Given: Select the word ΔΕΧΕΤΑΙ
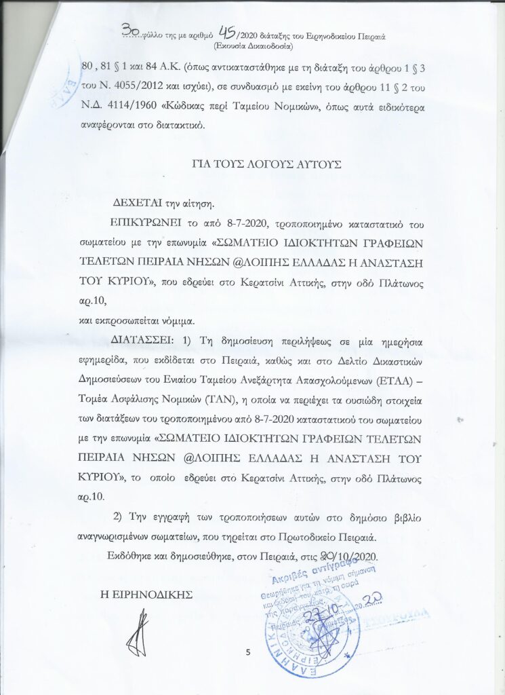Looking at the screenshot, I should (x=138, y=203).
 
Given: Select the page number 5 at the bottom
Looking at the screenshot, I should (x=248, y=653).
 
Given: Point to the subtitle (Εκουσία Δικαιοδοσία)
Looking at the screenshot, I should (x=252, y=47).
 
